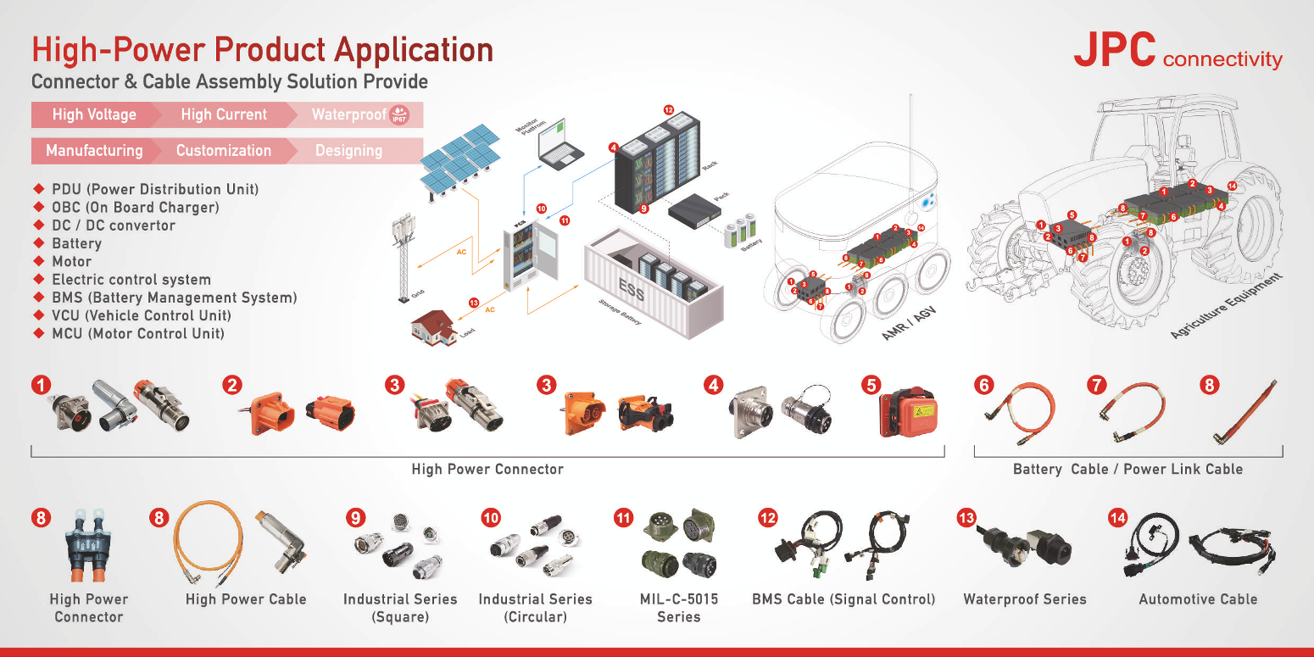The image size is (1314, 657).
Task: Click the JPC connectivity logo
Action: [1178, 52]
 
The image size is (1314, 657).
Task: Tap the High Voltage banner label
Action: [94, 114]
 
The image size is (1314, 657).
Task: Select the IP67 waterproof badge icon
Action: [398, 115]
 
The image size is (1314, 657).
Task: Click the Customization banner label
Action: [224, 151]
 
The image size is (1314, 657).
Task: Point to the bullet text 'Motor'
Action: [71, 261]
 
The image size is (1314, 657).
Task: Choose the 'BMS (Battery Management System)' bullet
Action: [174, 298]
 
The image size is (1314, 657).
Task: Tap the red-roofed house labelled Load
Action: [433, 326]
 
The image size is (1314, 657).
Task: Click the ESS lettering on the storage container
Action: [631, 291]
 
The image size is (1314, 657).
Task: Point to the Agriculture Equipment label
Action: [1226, 307]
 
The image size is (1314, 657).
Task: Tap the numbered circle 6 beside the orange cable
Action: [983, 385]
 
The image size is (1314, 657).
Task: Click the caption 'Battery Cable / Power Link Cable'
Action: [1127, 469]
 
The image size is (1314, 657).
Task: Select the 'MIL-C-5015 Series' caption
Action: [678, 608]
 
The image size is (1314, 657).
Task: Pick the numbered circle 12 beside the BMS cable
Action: [768, 516]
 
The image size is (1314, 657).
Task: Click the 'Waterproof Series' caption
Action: [1024, 599]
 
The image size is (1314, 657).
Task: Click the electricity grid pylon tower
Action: [401, 259]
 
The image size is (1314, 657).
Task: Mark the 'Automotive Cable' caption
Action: [1198, 599]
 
